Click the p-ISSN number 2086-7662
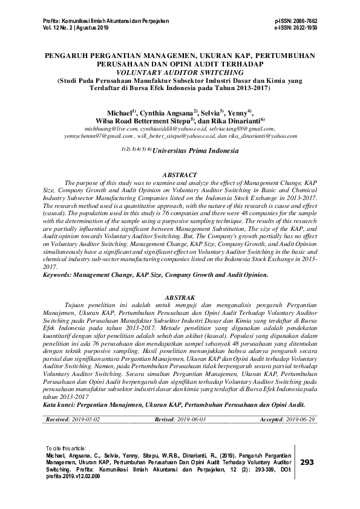[304, 21]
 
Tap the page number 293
[307, 462]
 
